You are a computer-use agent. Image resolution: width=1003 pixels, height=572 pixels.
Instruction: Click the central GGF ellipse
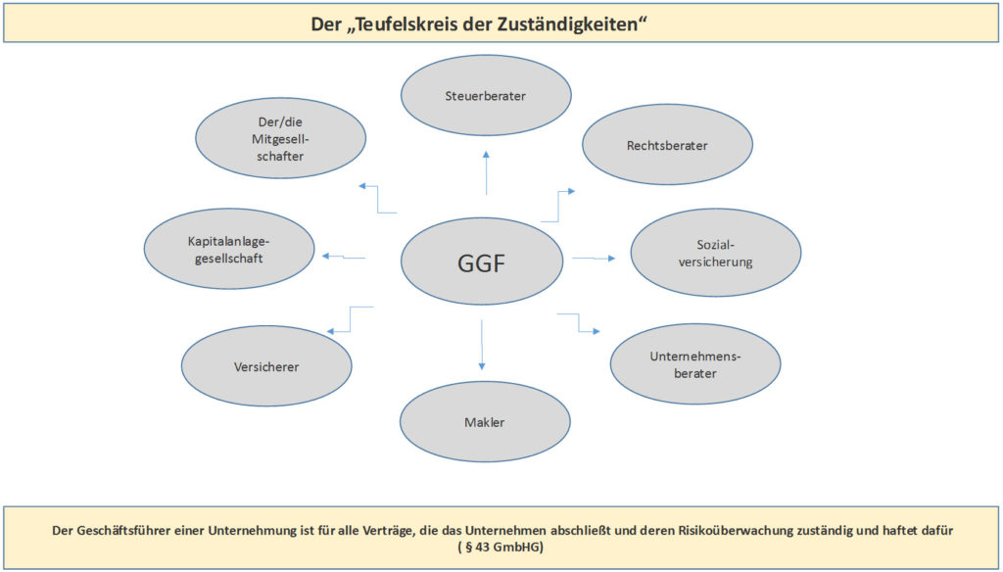coord(482,262)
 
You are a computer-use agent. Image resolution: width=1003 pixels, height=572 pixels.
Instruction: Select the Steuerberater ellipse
coord(486,95)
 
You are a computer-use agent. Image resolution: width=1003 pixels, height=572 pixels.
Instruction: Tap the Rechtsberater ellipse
coord(667,145)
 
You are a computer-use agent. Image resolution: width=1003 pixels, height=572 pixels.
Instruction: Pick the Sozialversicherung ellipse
coord(716,252)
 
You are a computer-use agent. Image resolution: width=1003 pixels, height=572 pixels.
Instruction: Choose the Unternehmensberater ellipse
coord(695,364)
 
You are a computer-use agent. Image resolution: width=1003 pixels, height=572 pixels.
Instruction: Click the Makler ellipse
coord(485,421)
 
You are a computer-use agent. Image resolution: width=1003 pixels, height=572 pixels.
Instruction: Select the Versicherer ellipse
coord(266,366)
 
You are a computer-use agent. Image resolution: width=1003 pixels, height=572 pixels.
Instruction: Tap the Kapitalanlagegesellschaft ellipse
coord(229,249)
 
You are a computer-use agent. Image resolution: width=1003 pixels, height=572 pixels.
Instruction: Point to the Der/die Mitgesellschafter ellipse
coord(281,138)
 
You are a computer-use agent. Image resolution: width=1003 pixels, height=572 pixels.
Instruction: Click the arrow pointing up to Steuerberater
coord(486,172)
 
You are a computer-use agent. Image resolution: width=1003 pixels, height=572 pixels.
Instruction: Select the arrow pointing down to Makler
coord(482,344)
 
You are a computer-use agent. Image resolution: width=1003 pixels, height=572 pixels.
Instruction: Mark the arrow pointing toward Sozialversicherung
coord(594,258)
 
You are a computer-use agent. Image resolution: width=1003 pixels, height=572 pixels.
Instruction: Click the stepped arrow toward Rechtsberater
coord(559,206)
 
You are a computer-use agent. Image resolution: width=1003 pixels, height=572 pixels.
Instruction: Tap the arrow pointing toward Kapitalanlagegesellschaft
coord(344,257)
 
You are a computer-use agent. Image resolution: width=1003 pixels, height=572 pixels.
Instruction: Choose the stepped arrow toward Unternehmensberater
coord(579,322)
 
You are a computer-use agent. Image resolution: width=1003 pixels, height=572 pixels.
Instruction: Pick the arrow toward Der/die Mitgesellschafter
coord(377,199)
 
